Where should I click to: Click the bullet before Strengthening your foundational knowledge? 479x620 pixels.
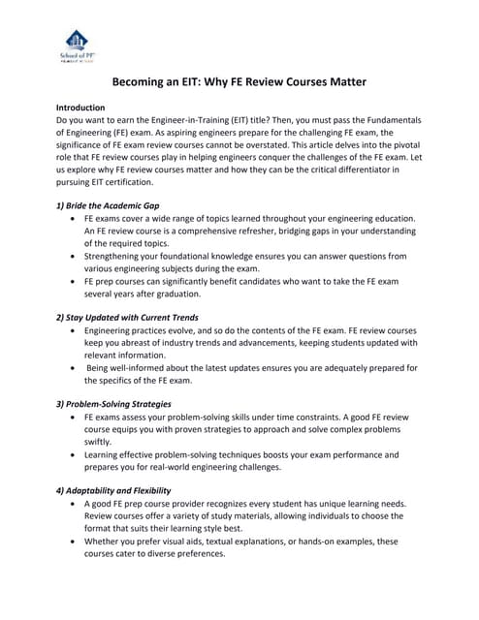[75, 257]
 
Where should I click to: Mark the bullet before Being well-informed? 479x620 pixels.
[75, 368]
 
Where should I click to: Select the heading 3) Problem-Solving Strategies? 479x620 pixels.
[113, 404]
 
